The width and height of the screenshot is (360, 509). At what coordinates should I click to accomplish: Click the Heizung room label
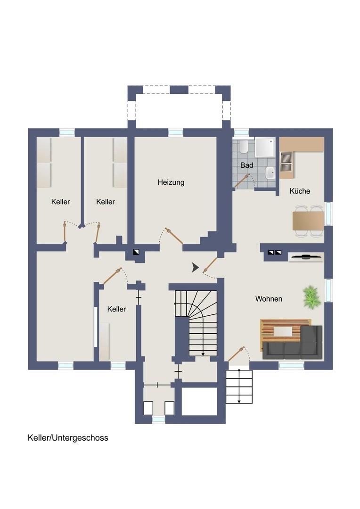pos(171,182)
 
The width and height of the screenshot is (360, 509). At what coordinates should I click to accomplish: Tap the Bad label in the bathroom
pos(247,165)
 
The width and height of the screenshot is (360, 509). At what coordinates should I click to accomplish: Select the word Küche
pos(300,191)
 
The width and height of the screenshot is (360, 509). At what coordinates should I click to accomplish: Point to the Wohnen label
pos(269,299)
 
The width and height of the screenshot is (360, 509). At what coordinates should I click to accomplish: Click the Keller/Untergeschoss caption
pos(68,437)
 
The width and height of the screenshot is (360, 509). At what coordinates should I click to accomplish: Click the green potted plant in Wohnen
pos(311,296)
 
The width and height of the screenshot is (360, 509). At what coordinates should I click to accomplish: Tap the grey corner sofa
pos(293,343)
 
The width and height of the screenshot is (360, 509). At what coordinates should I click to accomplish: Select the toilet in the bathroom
pos(244,147)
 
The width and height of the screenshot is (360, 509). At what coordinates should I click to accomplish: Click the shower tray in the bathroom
pos(265,147)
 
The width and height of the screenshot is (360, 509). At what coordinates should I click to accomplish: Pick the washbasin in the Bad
pos(270,172)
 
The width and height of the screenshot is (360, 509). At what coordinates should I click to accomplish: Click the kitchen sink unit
pos(286,161)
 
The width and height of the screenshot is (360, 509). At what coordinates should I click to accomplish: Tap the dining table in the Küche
pos(308,221)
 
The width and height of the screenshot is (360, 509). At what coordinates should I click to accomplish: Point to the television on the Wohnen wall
pos(306,257)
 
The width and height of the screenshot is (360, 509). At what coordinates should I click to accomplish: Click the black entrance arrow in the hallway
pos(195,268)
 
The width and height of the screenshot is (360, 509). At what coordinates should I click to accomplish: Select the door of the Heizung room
pos(174,236)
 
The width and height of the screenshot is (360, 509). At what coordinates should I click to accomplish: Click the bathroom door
pos(242,181)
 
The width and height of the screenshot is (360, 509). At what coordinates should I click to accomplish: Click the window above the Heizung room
pos(176,132)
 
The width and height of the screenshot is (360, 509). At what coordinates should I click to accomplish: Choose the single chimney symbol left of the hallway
pos(136,252)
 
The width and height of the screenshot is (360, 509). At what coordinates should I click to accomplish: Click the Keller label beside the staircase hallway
pos(116,309)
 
